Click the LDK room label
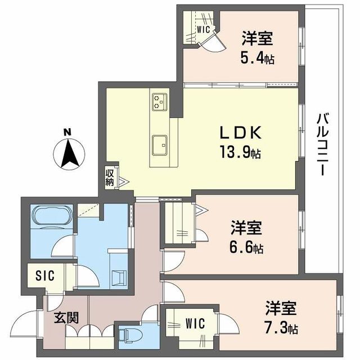coord(240,133)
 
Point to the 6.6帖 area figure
coord(246,246)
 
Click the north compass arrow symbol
coord(68,154)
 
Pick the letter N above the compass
coord(67,132)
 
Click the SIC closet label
coord(46,276)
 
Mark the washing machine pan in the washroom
coord(119,277)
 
